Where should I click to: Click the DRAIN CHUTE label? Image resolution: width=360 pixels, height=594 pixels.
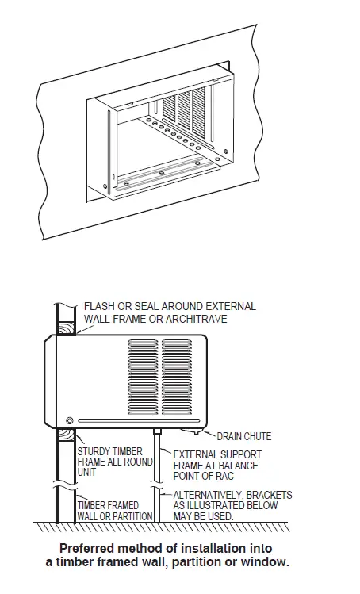click(244, 436)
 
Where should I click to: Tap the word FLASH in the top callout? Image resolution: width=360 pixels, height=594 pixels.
click(99, 306)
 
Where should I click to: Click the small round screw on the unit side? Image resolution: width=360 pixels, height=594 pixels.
click(70, 420)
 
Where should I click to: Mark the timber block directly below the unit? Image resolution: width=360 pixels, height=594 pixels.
click(63, 437)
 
